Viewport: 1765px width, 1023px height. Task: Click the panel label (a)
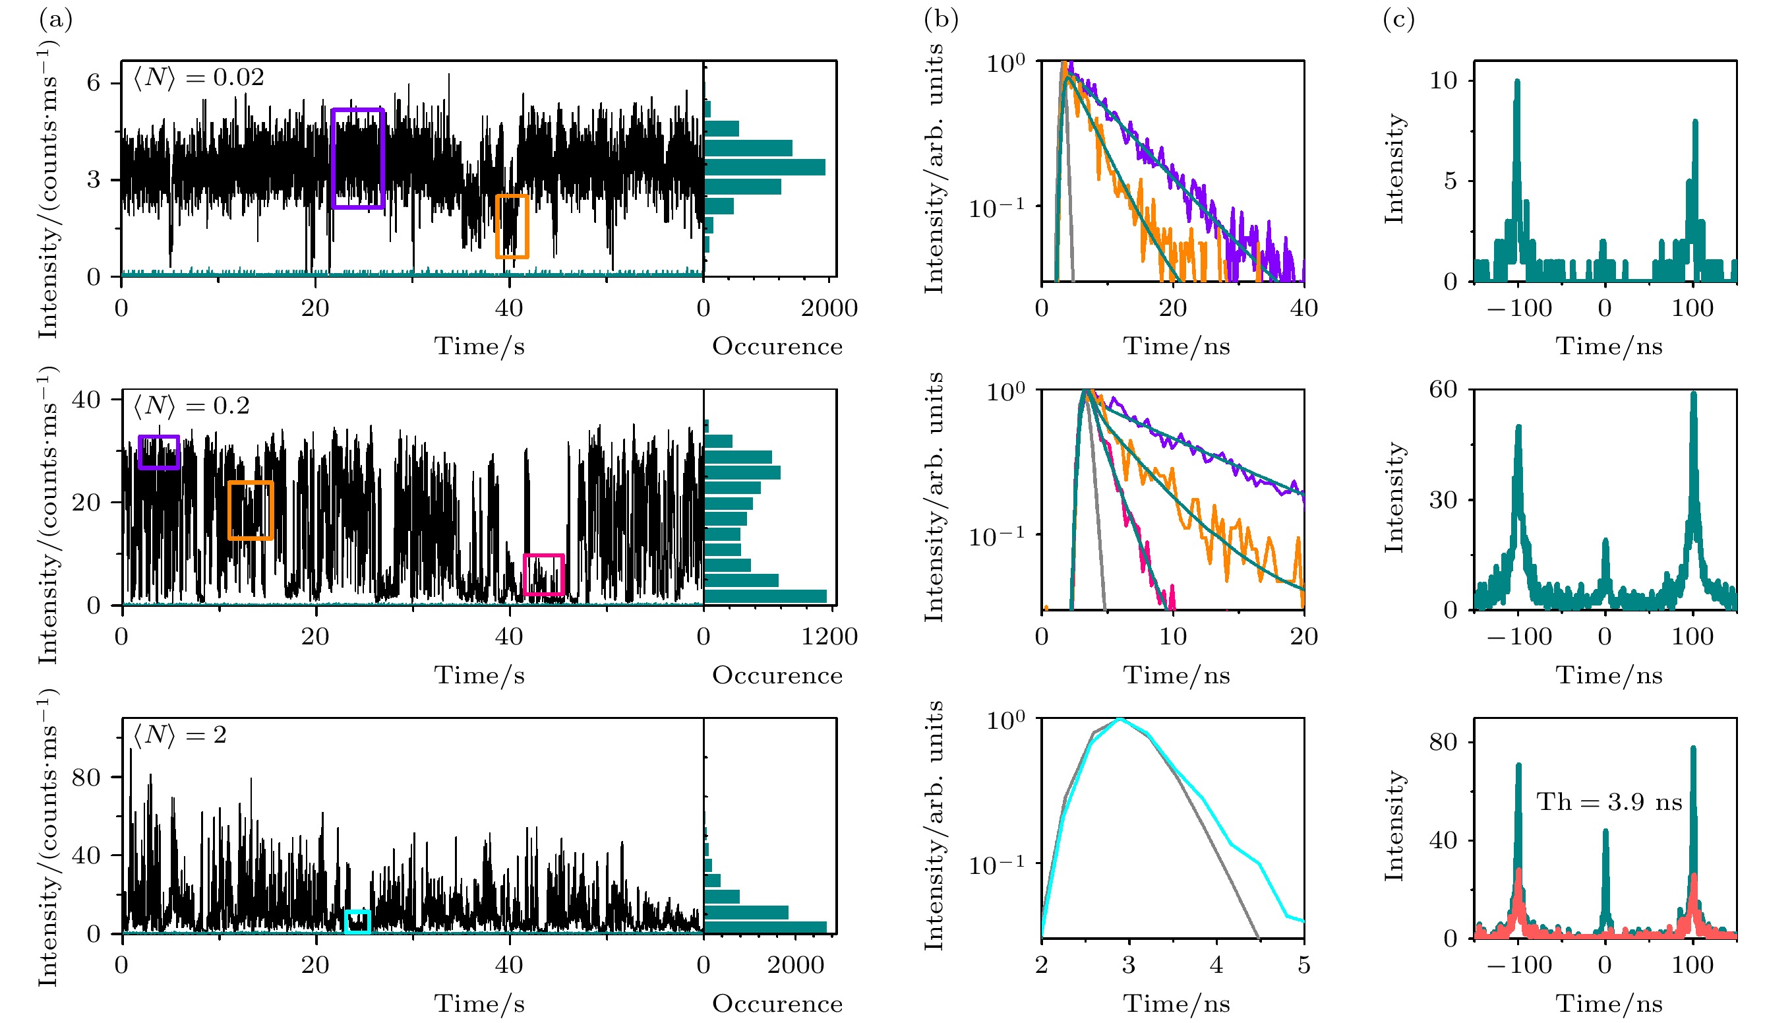click(x=56, y=20)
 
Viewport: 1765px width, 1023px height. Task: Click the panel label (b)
click(x=941, y=20)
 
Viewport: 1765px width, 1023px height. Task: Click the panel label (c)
click(x=1398, y=20)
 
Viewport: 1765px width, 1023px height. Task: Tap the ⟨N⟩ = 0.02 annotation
click(x=199, y=77)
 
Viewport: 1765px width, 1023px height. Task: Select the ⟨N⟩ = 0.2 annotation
click(x=191, y=406)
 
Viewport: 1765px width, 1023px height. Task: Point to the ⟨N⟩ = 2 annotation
click(x=180, y=735)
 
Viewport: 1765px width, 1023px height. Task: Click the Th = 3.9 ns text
click(x=1609, y=801)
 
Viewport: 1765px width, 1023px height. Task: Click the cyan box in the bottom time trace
click(x=357, y=921)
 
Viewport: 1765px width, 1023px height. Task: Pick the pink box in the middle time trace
click(x=543, y=574)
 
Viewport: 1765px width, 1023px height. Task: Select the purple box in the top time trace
click(x=357, y=158)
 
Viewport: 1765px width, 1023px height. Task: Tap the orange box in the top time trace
click(x=512, y=226)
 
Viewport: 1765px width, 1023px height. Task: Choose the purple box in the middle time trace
click(x=159, y=452)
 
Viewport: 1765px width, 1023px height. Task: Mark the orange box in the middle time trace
click(x=250, y=510)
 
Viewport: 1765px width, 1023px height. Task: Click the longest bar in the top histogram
click(x=764, y=167)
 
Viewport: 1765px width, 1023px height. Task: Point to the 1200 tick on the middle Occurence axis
click(x=829, y=636)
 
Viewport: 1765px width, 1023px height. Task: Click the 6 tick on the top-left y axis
click(x=93, y=82)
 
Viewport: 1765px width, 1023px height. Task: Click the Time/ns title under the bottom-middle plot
click(x=1177, y=1003)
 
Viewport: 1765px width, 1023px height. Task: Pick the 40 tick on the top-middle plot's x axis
click(x=1303, y=308)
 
